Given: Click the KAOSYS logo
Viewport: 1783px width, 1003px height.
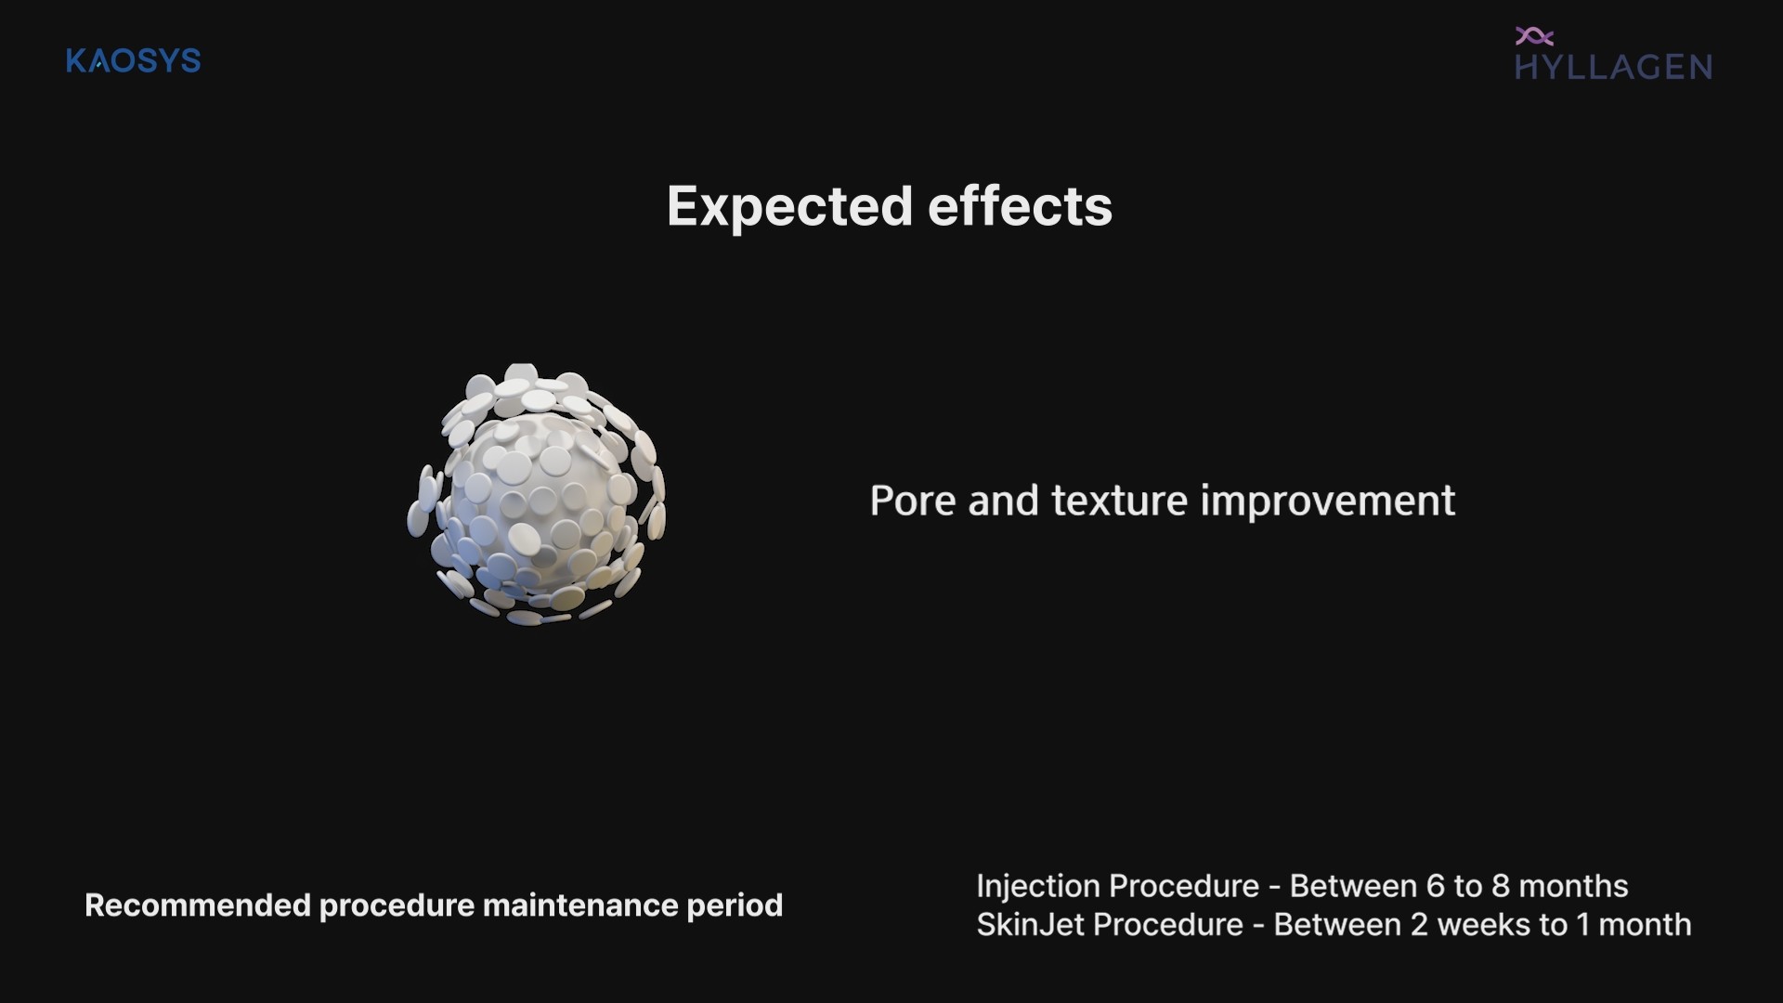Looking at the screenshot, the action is (x=134, y=61).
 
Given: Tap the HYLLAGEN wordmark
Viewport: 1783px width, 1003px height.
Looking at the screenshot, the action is (x=1614, y=67).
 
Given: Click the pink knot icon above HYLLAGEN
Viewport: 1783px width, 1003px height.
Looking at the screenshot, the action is (x=1534, y=36).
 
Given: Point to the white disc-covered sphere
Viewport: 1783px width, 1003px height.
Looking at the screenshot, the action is (x=537, y=494).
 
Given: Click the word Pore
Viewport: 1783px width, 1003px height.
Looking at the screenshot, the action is (x=912, y=501).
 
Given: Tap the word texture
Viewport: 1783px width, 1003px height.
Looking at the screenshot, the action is (x=1119, y=501).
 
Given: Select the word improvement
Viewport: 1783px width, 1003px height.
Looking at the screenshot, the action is (x=1328, y=501).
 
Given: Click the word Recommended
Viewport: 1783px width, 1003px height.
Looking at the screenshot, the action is (x=197, y=905).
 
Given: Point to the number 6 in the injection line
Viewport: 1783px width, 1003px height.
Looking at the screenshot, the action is (x=1436, y=886).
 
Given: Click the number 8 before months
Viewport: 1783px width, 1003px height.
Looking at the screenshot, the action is (x=1501, y=886).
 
